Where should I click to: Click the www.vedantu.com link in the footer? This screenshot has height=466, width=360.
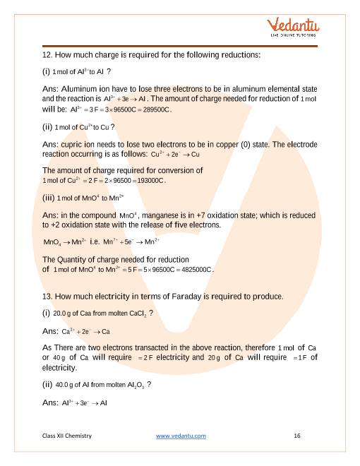click(x=181, y=436)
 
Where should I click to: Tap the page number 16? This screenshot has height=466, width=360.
click(x=297, y=436)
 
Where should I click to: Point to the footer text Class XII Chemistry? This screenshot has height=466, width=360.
click(x=67, y=436)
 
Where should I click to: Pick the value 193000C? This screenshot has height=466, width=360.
click(x=146, y=181)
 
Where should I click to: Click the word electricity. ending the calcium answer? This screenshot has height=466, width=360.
click(x=59, y=367)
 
